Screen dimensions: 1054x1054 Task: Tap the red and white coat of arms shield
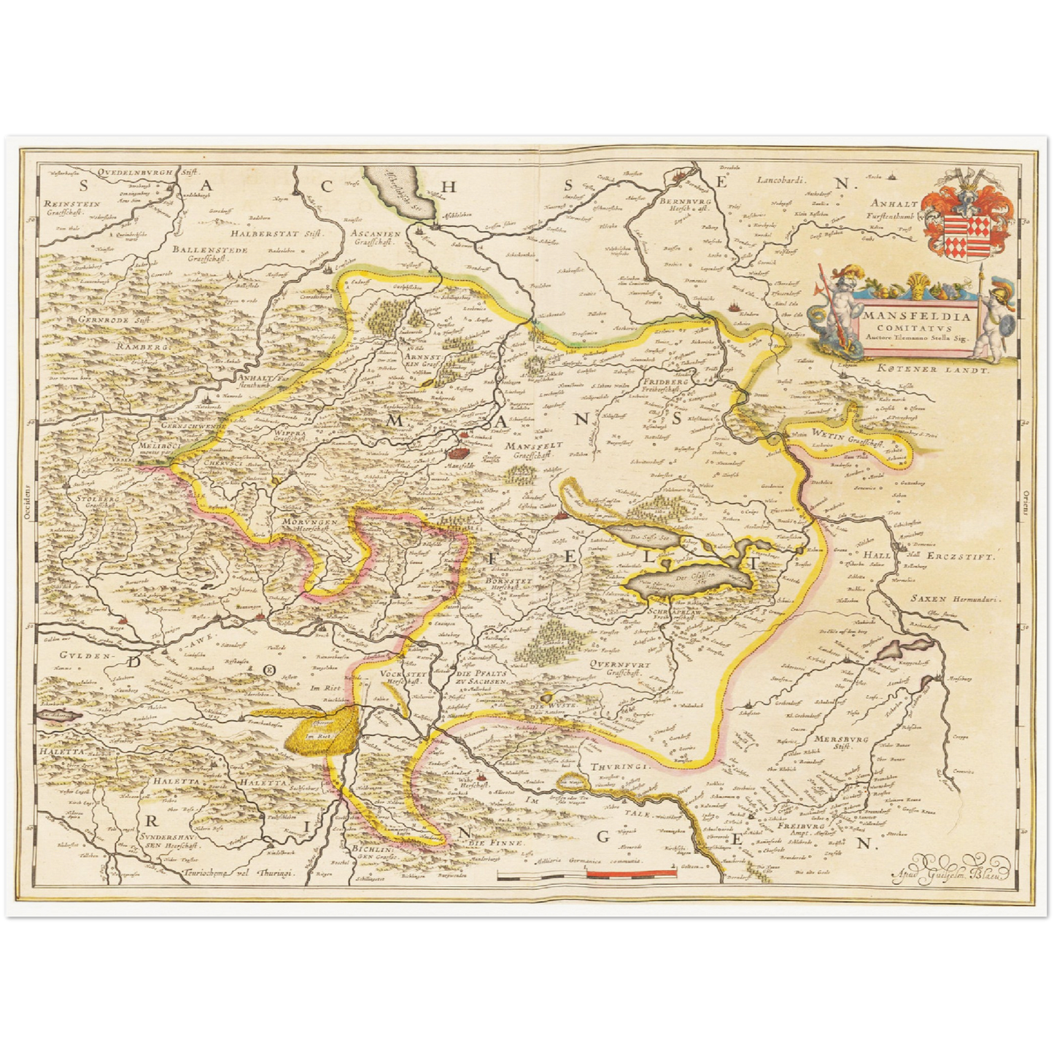pos(957,228)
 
